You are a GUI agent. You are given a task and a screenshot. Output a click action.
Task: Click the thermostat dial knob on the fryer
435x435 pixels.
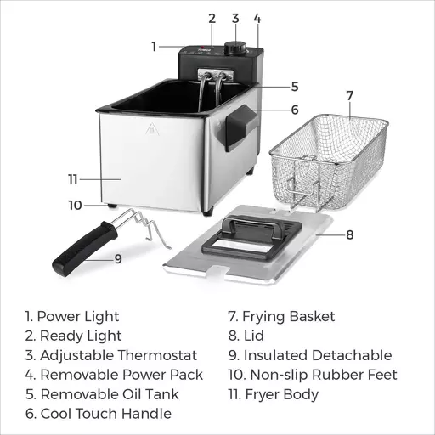click(x=235, y=48)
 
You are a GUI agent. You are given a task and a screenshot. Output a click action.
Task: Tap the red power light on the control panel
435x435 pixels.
click(x=202, y=47)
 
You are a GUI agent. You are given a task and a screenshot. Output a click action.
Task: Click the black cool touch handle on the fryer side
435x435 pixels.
click(x=241, y=128)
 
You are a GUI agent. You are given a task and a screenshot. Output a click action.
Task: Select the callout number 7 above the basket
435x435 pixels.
click(x=350, y=96)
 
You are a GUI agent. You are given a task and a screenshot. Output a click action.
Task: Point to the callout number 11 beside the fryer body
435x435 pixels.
click(x=73, y=179)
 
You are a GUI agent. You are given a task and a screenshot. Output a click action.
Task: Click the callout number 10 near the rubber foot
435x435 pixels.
click(x=75, y=205)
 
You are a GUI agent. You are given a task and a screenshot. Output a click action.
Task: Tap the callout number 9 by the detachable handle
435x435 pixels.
click(x=118, y=259)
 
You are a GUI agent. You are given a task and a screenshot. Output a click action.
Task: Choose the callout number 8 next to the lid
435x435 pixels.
click(x=350, y=234)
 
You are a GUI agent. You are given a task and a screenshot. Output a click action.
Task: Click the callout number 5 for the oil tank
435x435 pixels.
click(x=295, y=87)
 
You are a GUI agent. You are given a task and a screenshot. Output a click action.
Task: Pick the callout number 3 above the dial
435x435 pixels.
click(x=235, y=19)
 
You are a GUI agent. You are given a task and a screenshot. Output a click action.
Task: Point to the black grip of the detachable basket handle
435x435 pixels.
click(x=85, y=249)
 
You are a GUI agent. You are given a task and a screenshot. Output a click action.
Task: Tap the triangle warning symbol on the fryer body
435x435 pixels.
click(x=152, y=129)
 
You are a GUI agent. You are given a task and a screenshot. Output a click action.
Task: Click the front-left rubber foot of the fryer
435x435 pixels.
click(x=112, y=206)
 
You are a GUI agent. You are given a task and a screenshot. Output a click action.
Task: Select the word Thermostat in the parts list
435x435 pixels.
click(x=157, y=355)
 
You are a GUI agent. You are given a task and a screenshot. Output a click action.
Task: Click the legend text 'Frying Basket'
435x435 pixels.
click(x=289, y=316)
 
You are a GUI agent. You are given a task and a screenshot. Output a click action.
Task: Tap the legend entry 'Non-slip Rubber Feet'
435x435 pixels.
click(x=324, y=375)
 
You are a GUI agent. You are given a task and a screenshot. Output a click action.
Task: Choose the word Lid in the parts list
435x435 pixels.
click(x=254, y=336)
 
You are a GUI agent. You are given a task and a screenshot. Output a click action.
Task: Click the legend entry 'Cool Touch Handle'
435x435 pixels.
click(x=106, y=414)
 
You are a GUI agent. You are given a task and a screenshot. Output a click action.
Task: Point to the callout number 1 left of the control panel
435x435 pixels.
click(x=154, y=47)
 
